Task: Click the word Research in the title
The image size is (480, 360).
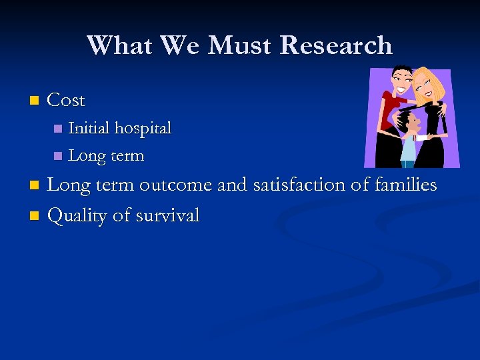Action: tap(336, 45)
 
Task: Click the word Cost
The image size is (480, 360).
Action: tap(67, 101)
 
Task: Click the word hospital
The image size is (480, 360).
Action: tap(143, 127)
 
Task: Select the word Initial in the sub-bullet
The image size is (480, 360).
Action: tap(89, 127)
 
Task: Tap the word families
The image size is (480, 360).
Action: tap(407, 184)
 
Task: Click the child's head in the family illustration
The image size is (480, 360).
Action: tap(409, 123)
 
